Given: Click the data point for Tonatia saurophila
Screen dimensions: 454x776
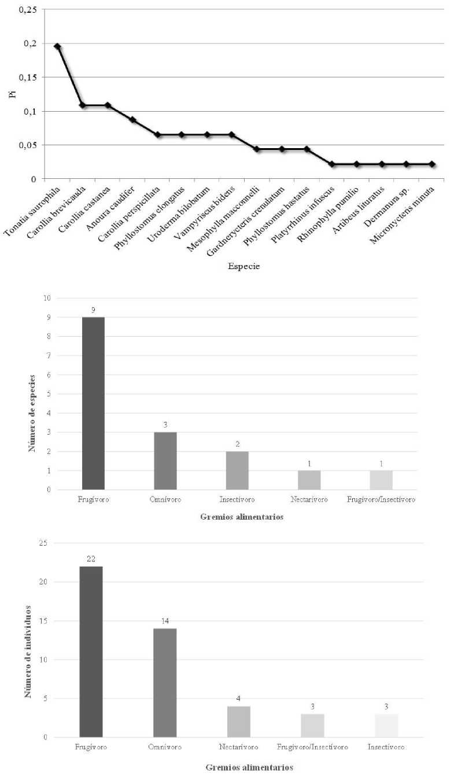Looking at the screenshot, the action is pyautogui.click(x=57, y=46).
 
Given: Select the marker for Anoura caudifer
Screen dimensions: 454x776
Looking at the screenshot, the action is pyautogui.click(x=132, y=120).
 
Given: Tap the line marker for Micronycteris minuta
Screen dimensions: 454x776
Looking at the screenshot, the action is pyautogui.click(x=432, y=164).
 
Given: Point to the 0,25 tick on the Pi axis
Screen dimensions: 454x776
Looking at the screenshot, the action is pyautogui.click(x=27, y=10).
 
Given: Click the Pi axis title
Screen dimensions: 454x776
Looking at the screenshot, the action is pyautogui.click(x=13, y=94).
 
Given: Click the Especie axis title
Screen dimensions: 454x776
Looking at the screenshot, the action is pyautogui.click(x=244, y=266).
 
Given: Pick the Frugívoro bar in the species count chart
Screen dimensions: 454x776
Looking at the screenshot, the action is pyautogui.click(x=93, y=403).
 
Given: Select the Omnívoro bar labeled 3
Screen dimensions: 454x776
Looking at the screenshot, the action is pyautogui.click(x=165, y=461).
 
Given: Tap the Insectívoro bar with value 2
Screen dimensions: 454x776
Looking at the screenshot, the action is pyautogui.click(x=237, y=470).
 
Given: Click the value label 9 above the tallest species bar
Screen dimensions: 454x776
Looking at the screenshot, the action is pyautogui.click(x=93, y=310).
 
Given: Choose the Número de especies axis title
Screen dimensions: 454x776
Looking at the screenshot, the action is pyautogui.click(x=32, y=413).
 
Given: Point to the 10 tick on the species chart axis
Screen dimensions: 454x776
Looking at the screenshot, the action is pyautogui.click(x=47, y=298).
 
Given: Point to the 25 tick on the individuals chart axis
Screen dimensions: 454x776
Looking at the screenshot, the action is pyautogui.click(x=43, y=543).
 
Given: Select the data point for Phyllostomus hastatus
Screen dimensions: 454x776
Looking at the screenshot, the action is pyautogui.click(x=307, y=149).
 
